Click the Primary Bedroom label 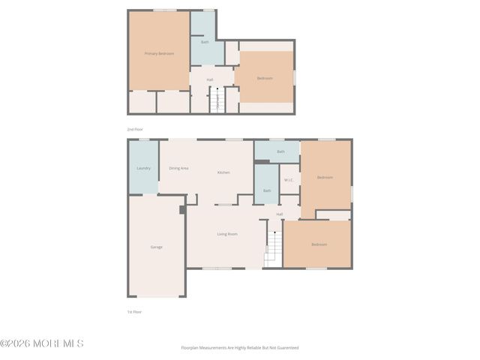click(159, 53)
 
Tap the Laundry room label click(143, 168)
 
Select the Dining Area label click(178, 168)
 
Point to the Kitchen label click(223, 172)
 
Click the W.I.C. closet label click(289, 180)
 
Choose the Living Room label click(227, 234)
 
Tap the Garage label click(156, 247)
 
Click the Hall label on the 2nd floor click(210, 79)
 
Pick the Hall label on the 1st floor click(280, 214)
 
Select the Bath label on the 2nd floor click(205, 42)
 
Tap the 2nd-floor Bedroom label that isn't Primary click(265, 78)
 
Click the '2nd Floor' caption click(135, 129)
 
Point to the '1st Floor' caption click(134, 311)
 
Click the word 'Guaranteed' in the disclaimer click(286, 348)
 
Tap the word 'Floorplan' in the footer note click(191, 348)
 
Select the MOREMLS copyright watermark click(42, 344)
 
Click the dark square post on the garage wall click(182, 210)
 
